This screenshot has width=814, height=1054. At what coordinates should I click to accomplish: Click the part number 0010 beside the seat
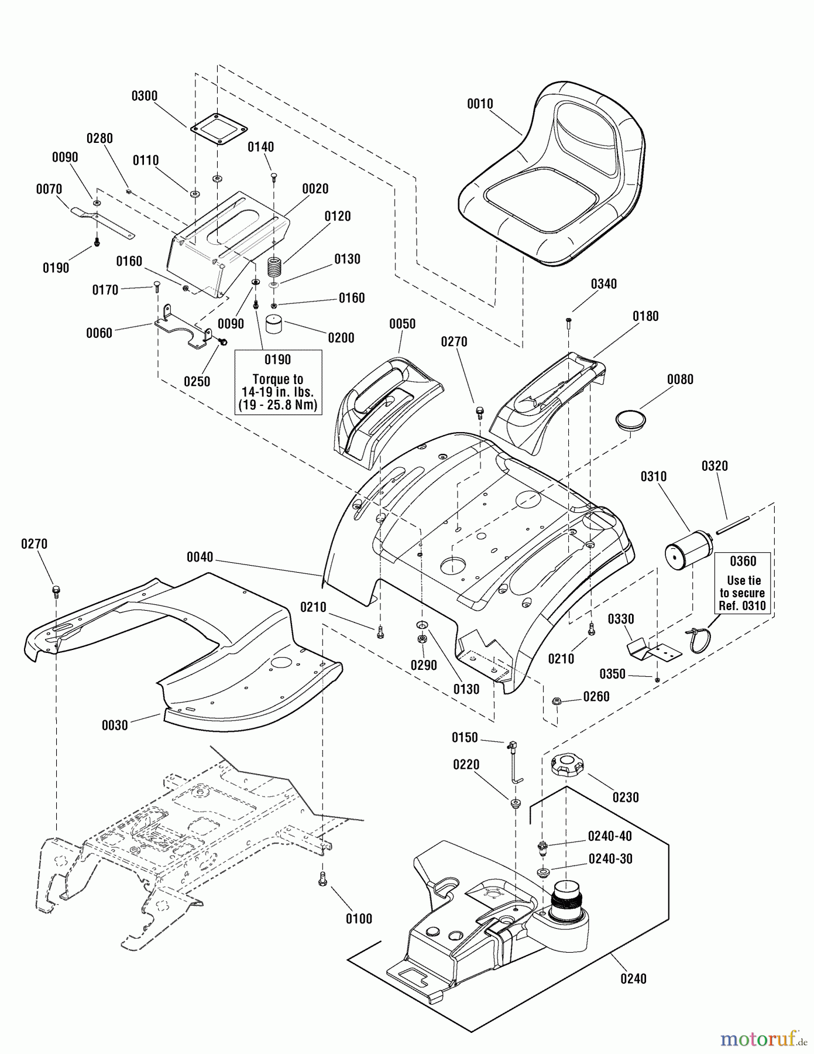pos(480,104)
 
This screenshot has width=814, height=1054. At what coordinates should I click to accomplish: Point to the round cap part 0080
pos(630,420)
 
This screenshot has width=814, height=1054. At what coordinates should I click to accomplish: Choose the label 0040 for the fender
pos(200,557)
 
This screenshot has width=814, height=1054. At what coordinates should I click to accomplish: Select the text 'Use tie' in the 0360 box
pos(743,580)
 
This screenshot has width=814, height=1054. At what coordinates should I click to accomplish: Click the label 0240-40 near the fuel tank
pos(611,836)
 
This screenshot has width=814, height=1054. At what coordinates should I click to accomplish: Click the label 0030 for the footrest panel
pos(115,726)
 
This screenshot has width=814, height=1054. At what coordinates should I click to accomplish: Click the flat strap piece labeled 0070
pos(102,221)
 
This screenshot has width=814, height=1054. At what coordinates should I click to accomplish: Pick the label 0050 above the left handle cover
pos(402,324)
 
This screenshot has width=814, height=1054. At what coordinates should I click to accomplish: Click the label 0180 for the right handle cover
pos(645,316)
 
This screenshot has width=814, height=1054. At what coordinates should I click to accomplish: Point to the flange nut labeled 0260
pos(557,700)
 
